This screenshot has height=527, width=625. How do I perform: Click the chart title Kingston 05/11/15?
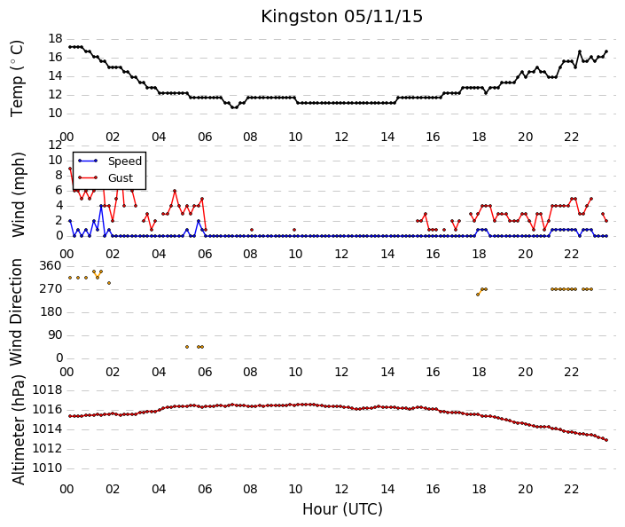341,17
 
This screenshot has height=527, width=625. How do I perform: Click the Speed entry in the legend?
125,161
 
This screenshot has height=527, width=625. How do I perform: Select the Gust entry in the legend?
121,178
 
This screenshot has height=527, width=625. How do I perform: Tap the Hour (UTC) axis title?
342,509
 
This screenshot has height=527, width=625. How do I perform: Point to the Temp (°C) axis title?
17,79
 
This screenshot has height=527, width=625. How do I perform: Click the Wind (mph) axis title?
18,194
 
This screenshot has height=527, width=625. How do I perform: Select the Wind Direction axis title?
16,312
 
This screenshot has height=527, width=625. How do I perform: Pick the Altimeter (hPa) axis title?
18,429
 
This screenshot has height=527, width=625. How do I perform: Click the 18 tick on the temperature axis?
55,39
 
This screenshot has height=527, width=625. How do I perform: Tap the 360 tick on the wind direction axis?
51,266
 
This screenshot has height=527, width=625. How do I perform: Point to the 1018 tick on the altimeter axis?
48,389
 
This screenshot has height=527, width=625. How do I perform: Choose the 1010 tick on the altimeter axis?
48,468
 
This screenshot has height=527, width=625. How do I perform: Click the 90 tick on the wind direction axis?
55,335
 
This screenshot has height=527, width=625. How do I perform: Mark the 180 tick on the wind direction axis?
51,312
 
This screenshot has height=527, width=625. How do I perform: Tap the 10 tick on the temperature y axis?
55,114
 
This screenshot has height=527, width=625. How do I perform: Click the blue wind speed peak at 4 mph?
101,206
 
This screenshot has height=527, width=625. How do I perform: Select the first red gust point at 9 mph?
70,169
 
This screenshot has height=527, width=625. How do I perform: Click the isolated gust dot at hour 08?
252,230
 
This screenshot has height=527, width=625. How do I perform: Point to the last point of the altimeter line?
606,440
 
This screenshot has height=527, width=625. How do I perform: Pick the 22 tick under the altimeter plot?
571,489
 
